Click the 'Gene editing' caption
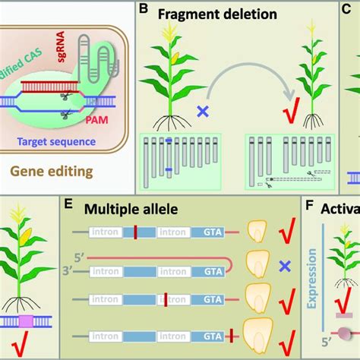tap(58, 171)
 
